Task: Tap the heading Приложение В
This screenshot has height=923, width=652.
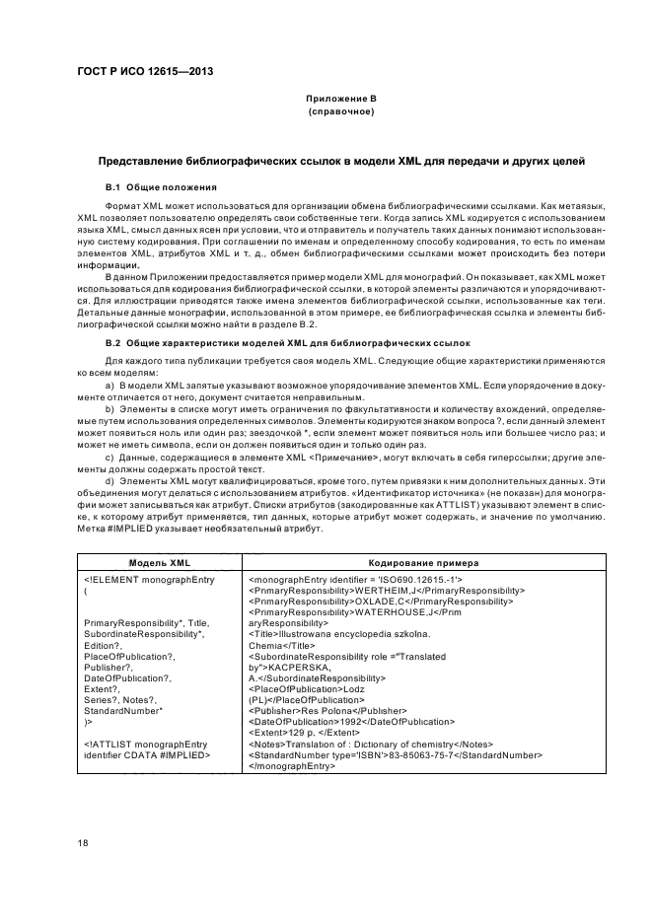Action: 340,100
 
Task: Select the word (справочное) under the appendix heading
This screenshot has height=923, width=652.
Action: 340,112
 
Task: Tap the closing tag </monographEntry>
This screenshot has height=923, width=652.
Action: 291,765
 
